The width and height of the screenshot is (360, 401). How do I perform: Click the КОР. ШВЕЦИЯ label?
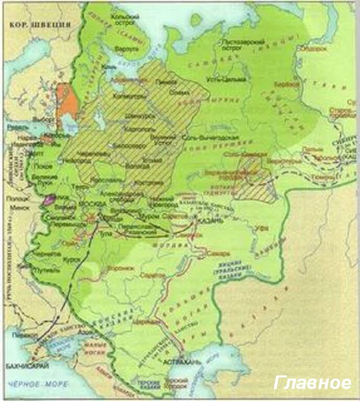(x=38, y=23)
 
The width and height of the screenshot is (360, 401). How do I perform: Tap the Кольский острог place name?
(x=124, y=19)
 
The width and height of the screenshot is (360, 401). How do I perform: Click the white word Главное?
(x=312, y=383)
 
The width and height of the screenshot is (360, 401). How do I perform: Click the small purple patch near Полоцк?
(x=50, y=198)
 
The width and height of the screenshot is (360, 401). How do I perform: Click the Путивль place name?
(x=42, y=272)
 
